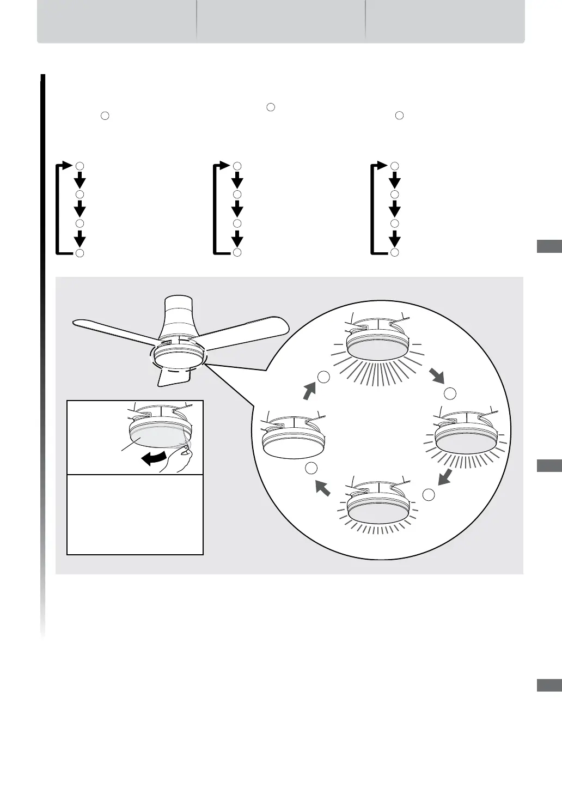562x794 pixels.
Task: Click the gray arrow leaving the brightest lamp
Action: pos(437,375)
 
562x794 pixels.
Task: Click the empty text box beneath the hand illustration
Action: pos(135,514)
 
